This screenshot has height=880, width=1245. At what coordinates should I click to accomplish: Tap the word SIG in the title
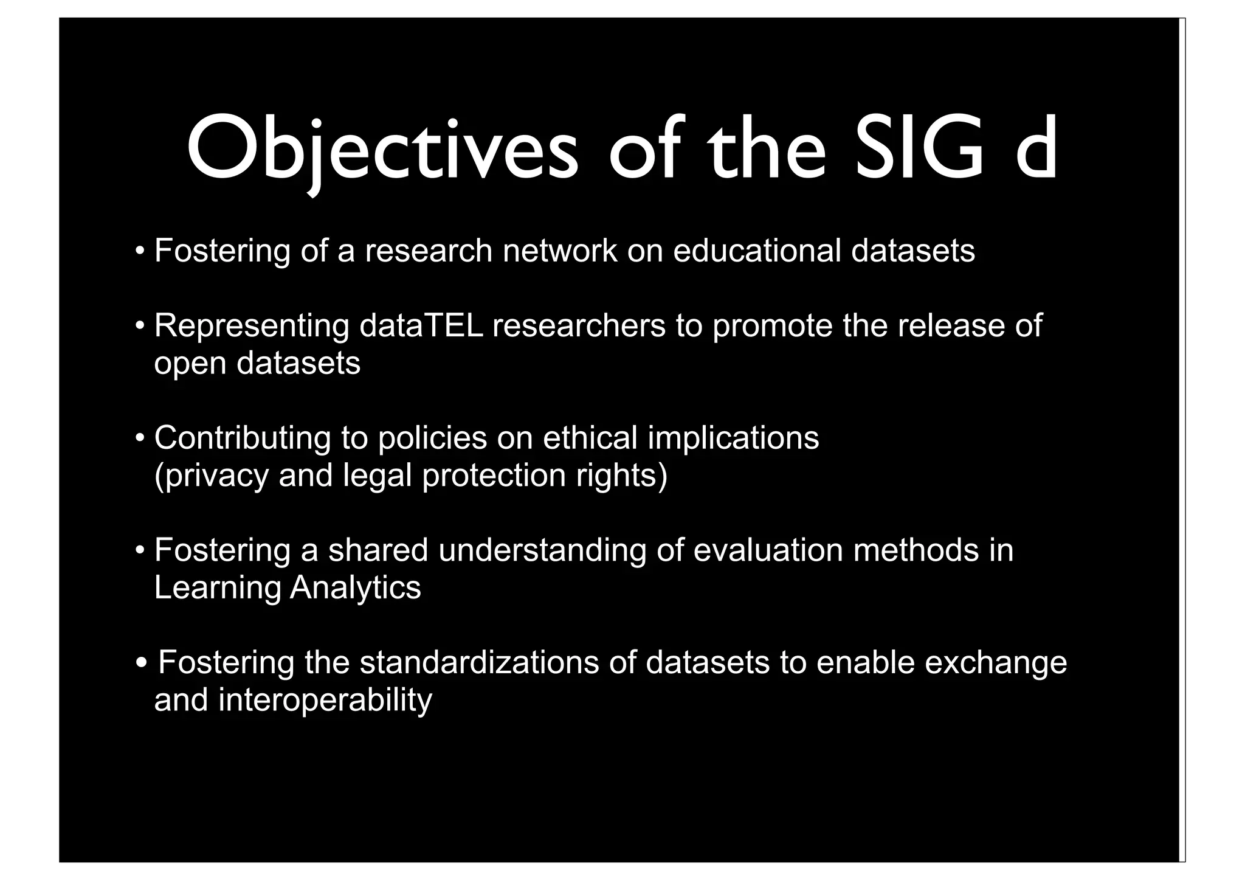[x=918, y=150]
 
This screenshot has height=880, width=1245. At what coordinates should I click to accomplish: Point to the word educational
[x=756, y=251]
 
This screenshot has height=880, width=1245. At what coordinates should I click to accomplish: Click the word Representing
[x=252, y=325]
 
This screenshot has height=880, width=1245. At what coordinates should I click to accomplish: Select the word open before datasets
[x=190, y=364]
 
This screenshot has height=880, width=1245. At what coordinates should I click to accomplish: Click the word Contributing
[x=243, y=438]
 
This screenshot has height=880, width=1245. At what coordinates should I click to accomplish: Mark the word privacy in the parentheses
[x=212, y=476]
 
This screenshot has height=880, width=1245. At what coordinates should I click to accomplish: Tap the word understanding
[x=542, y=551]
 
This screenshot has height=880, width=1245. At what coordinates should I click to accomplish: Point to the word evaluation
[x=768, y=550]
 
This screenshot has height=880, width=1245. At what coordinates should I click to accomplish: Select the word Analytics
[x=355, y=588]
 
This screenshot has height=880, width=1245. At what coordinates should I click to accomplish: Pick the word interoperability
[x=325, y=701]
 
